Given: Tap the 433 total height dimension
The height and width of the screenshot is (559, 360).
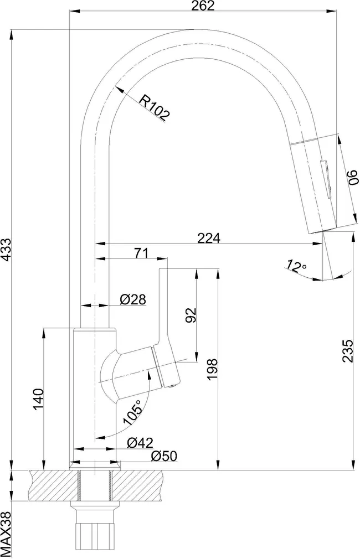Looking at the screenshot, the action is click(x=7, y=250).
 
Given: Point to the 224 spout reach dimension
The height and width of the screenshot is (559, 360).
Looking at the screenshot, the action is click(x=209, y=238).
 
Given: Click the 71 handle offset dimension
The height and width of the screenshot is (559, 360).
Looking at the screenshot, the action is click(x=141, y=253).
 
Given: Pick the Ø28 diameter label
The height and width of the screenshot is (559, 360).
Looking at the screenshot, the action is click(x=133, y=299).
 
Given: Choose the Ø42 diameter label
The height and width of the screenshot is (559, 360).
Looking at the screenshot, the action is click(x=140, y=443).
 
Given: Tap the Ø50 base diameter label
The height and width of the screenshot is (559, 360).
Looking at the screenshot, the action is click(x=164, y=456).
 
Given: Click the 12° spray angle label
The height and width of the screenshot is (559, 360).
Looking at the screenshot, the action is click(x=296, y=266).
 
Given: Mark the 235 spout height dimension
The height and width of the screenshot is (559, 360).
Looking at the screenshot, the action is click(x=347, y=351).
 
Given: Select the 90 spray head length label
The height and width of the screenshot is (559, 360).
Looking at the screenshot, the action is click(x=352, y=177).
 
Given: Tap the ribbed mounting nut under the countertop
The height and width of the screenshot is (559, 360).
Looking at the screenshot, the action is click(x=95, y=532).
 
